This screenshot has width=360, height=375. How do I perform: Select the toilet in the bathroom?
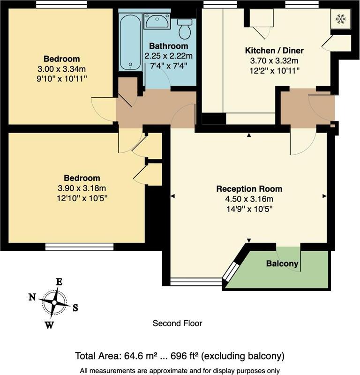pos(186,29)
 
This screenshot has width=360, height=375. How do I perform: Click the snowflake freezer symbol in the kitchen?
pos(340,19)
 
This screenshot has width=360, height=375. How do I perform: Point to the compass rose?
pos(54,303)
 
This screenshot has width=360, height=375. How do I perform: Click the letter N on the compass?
pos(32,297)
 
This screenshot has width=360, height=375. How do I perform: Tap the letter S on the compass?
pos(75,308)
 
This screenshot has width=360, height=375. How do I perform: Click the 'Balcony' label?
pos(282,264)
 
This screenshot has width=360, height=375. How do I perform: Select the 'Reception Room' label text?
pos(249,189)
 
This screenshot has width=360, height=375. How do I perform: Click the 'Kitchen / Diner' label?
pos(274,51)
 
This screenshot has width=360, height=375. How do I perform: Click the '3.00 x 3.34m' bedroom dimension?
pos(62,68)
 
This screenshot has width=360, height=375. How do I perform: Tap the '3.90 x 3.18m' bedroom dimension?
pos(82,188)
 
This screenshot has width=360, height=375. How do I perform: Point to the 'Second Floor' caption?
pos(178,323)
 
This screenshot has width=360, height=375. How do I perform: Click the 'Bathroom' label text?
pos(169,46)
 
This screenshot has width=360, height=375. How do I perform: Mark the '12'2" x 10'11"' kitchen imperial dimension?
pos(274,70)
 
